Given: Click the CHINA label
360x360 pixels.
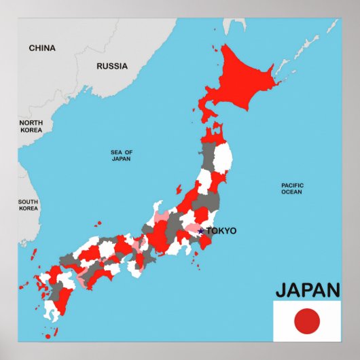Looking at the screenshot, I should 42,48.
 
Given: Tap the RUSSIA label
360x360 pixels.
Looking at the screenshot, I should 112,66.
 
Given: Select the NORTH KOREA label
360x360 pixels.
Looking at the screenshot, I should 31,126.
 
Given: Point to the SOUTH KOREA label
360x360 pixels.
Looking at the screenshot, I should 28,205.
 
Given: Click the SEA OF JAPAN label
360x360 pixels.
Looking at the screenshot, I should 122,156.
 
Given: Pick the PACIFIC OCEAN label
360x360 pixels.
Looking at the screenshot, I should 292,188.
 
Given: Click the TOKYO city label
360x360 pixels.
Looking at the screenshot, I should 221,231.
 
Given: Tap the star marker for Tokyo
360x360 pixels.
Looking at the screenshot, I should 201,231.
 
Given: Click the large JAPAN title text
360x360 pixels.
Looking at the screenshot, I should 307,290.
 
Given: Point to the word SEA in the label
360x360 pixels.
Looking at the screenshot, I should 116,152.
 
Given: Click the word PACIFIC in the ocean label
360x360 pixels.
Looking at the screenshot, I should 293,185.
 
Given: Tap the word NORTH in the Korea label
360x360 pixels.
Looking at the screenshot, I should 31,122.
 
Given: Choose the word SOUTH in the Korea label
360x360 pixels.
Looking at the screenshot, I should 28,202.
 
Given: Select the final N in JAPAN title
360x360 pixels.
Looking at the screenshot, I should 332,290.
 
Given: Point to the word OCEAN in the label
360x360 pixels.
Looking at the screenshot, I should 292,192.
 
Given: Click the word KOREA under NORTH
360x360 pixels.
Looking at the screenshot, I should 31,129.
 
